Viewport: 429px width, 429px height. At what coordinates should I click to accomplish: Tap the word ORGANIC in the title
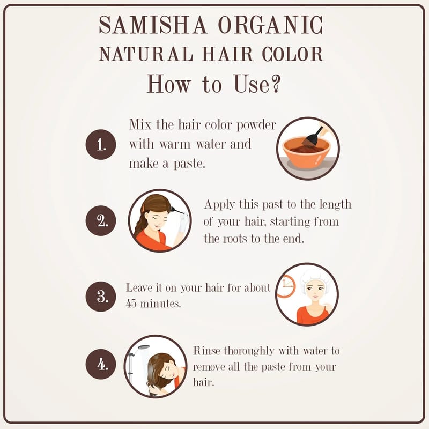tap(271, 25)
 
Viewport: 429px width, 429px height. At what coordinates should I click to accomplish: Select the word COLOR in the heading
tap(293, 54)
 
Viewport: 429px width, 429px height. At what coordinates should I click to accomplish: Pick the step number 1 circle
tap(101, 144)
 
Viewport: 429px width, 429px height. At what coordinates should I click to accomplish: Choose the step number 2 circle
tap(101, 220)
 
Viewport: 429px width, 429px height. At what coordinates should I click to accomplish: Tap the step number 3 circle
tap(101, 297)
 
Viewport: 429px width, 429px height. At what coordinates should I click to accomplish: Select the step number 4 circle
tap(101, 364)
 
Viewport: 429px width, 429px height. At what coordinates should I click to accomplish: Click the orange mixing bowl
tap(306, 153)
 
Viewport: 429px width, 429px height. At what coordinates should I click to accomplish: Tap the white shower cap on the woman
tap(315, 278)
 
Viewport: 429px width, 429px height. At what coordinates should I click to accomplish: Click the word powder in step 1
tap(256, 125)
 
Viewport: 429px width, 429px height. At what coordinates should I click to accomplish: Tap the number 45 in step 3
tap(131, 304)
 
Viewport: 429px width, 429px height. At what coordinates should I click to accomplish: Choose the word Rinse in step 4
tap(206, 351)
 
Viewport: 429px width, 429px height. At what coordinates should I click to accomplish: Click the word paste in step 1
tap(189, 164)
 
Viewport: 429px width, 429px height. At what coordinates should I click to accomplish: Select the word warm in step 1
tap(175, 144)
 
